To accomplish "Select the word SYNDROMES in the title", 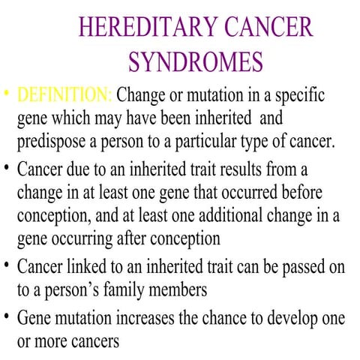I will click(196, 61).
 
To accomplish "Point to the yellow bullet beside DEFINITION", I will click(6, 96).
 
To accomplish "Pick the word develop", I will click(292, 316).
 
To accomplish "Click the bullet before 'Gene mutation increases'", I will click(6, 315).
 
